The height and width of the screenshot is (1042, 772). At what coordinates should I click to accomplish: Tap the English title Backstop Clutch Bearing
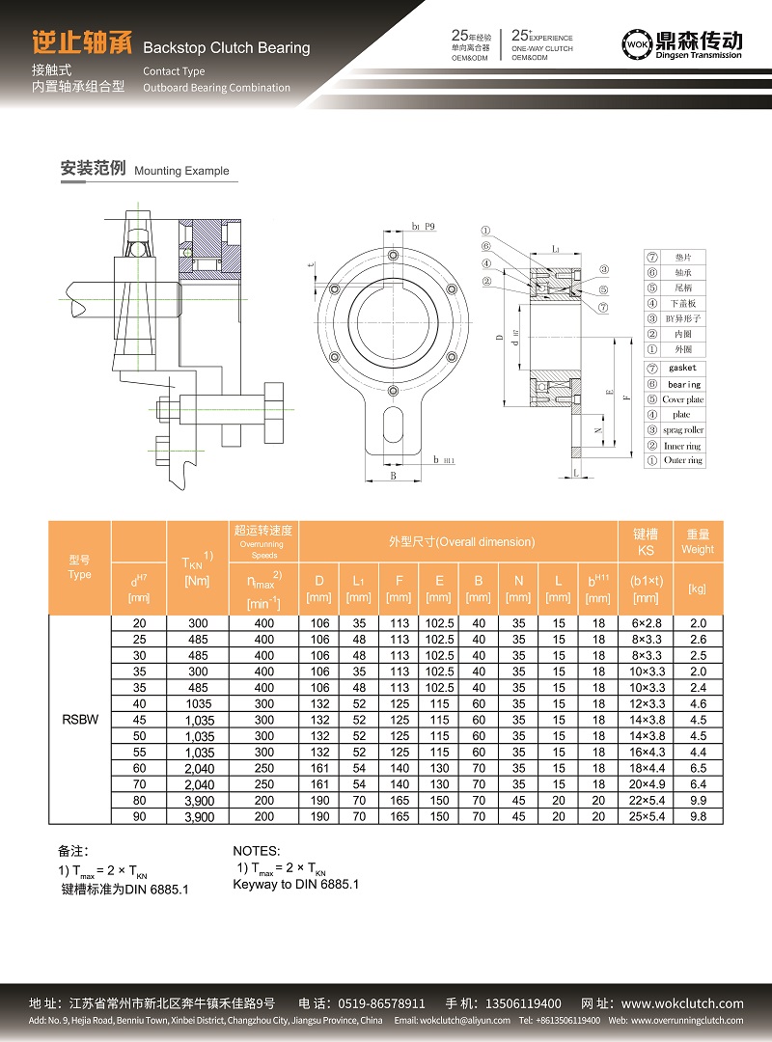coord(226,47)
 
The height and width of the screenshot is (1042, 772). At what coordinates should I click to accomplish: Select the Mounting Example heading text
coord(181,171)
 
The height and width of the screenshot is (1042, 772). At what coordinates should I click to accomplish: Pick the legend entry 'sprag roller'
coord(683,429)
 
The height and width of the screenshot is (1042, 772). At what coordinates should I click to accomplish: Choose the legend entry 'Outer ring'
coord(683,460)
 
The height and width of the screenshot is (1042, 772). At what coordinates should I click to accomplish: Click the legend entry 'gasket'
coord(682,368)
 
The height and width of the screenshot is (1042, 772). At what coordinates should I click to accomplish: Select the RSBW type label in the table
coord(79,719)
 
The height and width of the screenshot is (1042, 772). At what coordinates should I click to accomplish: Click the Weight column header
coord(699,541)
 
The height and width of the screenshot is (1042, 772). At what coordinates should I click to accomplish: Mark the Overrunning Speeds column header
coord(263,542)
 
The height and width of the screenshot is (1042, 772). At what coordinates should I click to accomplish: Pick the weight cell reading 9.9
coord(699,800)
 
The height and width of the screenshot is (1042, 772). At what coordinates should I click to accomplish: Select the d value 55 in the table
coord(139,752)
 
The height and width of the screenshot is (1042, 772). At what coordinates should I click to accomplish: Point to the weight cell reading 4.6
coord(699,703)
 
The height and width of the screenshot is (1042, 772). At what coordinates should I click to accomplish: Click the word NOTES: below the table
coord(257,851)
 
